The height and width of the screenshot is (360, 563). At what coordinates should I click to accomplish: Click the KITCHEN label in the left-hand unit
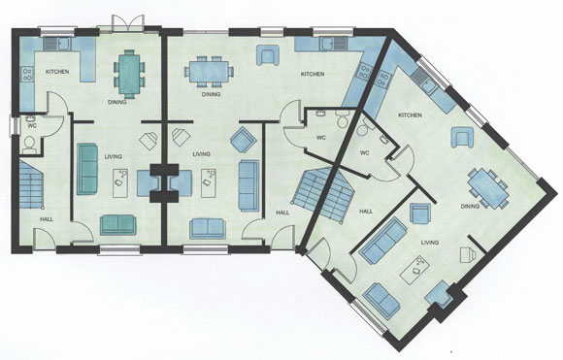(57, 72)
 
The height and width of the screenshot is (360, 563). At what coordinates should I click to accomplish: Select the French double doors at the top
(128, 23)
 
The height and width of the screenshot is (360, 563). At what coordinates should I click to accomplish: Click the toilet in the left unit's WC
(28, 146)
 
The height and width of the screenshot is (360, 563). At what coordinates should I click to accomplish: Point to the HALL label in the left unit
(47, 219)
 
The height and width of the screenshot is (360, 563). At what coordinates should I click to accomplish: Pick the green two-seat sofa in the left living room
(117, 225)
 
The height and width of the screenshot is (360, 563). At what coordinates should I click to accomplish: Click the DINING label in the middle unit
(211, 94)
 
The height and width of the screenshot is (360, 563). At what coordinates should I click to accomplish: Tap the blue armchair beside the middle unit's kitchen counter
(268, 55)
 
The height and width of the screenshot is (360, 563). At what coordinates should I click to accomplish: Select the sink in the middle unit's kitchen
(328, 44)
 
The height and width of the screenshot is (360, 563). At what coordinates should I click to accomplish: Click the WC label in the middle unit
(321, 138)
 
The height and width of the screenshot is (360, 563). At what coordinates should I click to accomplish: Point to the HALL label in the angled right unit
(366, 212)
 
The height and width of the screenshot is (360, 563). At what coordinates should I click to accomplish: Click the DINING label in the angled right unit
(470, 206)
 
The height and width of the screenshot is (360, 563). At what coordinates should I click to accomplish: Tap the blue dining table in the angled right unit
(488, 188)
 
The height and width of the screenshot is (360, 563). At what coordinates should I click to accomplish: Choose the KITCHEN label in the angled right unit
(410, 115)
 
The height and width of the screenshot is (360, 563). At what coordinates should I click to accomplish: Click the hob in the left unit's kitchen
(27, 75)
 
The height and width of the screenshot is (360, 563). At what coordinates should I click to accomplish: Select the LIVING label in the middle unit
(201, 154)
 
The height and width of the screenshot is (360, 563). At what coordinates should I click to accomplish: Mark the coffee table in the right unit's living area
(415, 269)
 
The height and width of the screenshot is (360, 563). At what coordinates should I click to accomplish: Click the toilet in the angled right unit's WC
(364, 127)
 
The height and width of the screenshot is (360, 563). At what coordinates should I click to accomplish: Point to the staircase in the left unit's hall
(30, 184)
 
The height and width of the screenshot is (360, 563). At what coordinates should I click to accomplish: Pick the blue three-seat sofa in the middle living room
(248, 185)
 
